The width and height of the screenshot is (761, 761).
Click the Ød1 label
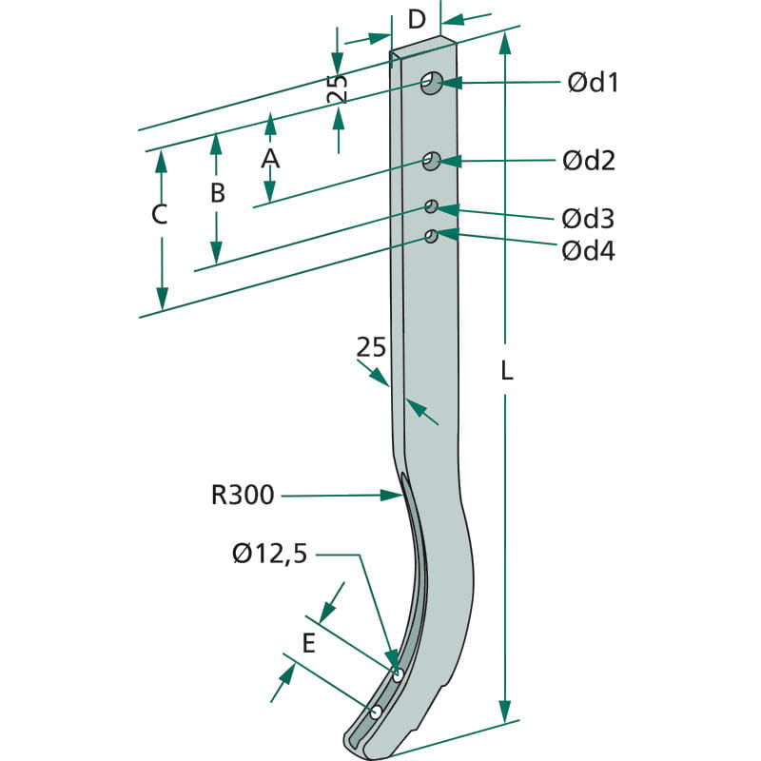point(593,83)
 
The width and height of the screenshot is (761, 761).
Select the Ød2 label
point(589,161)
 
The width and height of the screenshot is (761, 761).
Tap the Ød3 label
point(588,219)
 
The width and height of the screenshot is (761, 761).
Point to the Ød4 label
point(588,251)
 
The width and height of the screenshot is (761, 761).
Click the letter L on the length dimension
point(507,371)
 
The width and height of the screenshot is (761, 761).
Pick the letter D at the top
point(417,20)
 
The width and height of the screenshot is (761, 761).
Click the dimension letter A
point(270,159)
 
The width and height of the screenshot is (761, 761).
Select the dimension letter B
point(218,193)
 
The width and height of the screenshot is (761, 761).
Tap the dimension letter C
point(159,214)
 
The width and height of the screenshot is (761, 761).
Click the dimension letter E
point(308,644)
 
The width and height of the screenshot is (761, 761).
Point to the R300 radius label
point(243,495)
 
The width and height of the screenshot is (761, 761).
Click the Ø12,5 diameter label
point(270,554)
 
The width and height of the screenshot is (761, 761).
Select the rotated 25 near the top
point(338,88)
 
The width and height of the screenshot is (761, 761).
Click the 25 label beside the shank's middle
point(371,347)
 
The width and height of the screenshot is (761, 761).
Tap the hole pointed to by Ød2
point(431,161)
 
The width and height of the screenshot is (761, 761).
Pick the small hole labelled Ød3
point(431,206)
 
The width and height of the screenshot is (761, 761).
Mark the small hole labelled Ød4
point(431,236)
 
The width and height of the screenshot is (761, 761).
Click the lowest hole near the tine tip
point(376,712)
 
